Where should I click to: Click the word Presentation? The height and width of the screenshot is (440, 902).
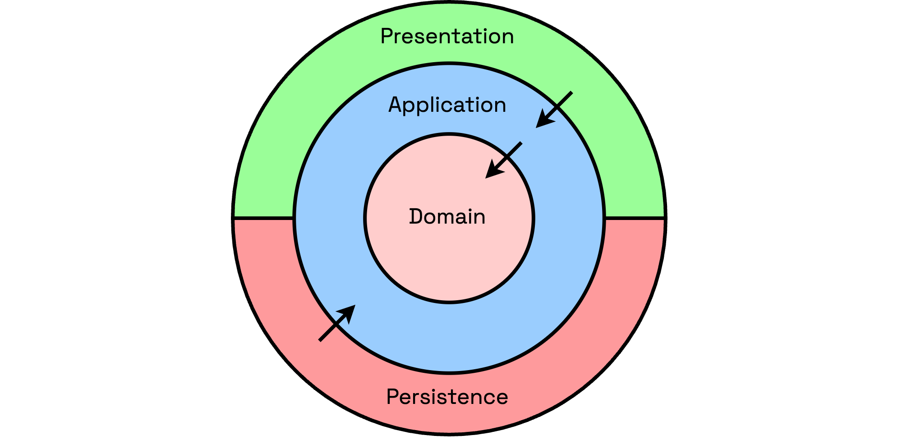(447, 37)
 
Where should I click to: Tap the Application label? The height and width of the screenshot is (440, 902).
(447, 105)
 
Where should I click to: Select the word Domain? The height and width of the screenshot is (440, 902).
(447, 217)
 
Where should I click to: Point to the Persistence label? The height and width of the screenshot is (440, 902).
(447, 397)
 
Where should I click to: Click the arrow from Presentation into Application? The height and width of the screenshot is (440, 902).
(555, 109)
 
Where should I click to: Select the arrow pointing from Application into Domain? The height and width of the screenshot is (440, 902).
(504, 160)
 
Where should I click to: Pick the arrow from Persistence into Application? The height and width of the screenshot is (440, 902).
(336, 323)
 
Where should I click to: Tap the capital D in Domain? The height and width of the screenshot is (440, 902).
(416, 217)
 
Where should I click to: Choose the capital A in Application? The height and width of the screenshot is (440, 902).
(396, 105)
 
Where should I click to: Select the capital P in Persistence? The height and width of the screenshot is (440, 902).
(393, 397)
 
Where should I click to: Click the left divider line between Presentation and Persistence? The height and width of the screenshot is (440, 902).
(264, 218)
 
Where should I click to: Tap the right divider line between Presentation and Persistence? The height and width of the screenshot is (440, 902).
(634, 218)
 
